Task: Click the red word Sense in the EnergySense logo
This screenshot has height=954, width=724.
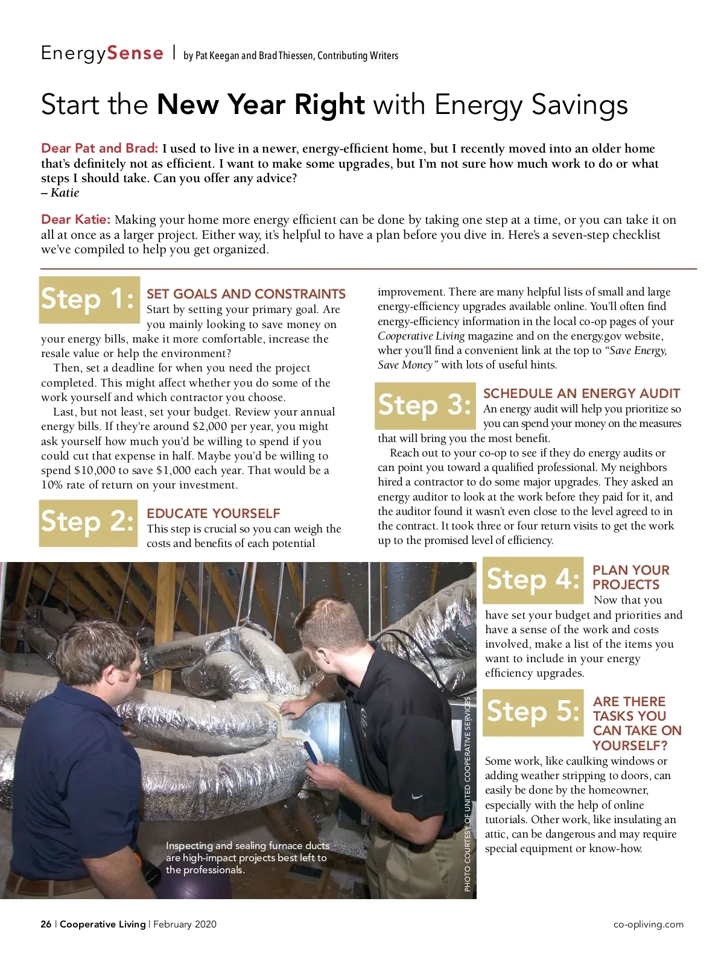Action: click(x=135, y=53)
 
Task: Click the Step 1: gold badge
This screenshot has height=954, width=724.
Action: click(x=89, y=300)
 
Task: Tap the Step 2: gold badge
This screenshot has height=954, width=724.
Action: click(x=89, y=522)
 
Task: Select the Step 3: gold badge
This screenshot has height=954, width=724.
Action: click(x=425, y=405)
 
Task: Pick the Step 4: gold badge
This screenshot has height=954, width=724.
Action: click(x=533, y=580)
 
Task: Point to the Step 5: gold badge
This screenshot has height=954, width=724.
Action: click(x=533, y=712)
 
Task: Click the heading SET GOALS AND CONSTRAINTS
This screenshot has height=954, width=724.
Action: click(x=246, y=294)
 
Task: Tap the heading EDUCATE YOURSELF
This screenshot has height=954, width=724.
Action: click(x=213, y=514)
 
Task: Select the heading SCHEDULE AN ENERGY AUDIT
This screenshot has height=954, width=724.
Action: click(x=581, y=394)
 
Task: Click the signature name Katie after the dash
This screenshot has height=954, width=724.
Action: click(x=65, y=193)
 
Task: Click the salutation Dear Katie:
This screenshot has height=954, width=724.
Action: click(x=75, y=220)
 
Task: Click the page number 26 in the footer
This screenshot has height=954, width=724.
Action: click(x=46, y=924)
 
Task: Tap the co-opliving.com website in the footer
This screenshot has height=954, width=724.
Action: click(x=648, y=924)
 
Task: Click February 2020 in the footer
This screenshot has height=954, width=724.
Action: click(x=185, y=924)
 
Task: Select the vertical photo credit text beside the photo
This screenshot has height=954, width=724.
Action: click(x=468, y=794)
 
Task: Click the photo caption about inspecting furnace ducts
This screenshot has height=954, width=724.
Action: click(x=247, y=858)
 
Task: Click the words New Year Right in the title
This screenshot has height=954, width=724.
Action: click(x=261, y=105)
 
